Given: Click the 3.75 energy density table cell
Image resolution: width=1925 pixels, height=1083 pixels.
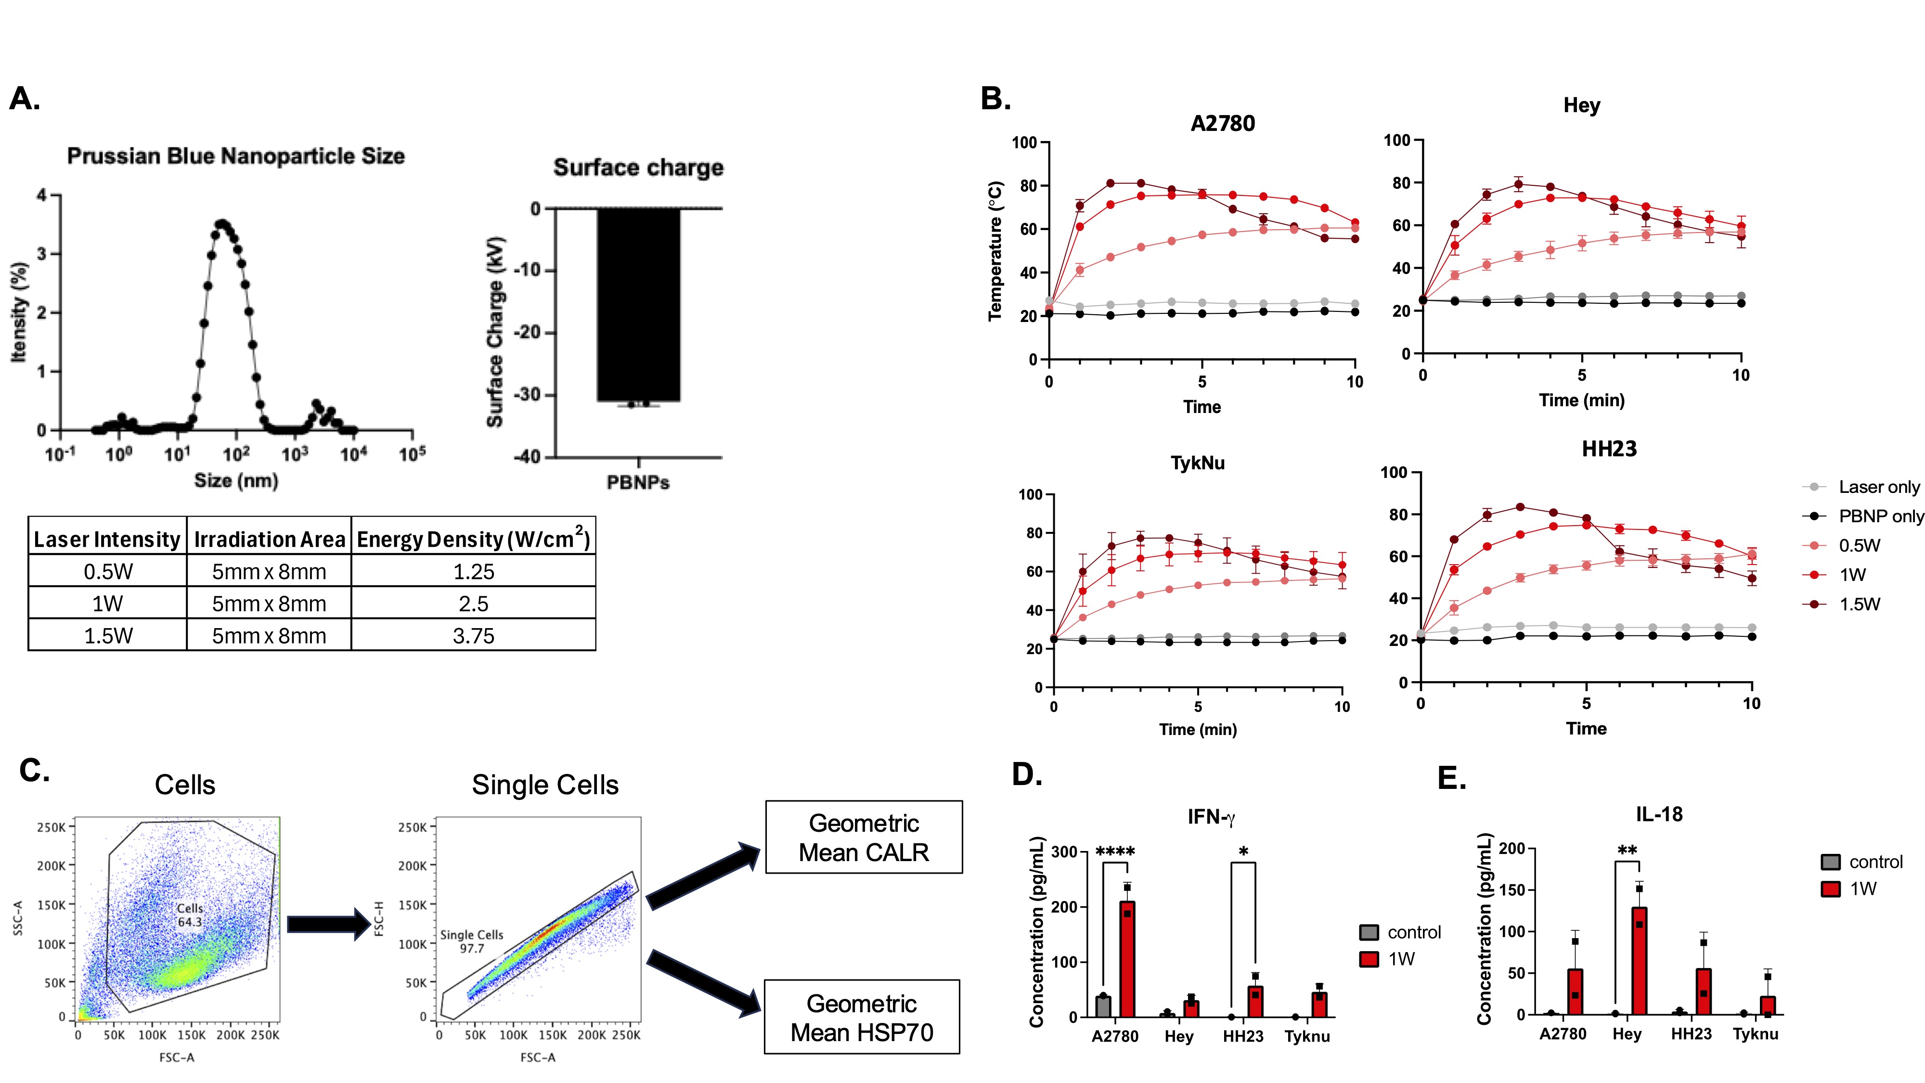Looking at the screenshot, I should [x=473, y=635].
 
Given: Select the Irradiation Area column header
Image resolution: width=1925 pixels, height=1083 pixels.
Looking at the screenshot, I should [x=269, y=539].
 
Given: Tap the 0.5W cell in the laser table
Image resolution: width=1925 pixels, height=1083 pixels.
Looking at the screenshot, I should [x=108, y=572].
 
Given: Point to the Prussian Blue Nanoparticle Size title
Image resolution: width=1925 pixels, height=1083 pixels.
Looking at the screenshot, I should [x=236, y=156].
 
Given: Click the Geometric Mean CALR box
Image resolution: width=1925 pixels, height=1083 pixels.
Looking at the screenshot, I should [x=864, y=837].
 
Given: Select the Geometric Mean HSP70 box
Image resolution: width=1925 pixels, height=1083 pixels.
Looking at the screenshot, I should [x=862, y=1017].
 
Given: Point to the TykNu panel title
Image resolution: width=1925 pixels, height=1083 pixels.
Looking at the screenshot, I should [x=1197, y=463].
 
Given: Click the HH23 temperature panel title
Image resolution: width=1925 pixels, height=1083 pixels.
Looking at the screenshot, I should [x=1609, y=449].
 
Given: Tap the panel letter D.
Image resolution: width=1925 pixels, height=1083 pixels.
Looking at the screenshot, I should [x=1027, y=774].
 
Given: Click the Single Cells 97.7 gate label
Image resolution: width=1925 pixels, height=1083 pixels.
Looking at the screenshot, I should [x=472, y=941].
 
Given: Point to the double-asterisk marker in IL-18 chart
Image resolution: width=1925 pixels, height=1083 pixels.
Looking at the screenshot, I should [x=1627, y=851].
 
